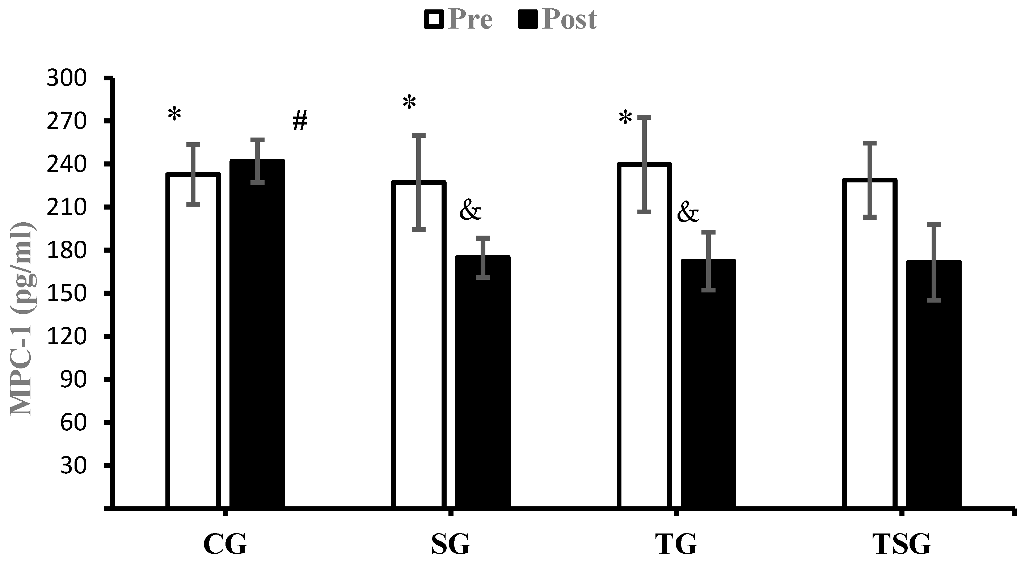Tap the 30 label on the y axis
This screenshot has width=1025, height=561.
(73, 465)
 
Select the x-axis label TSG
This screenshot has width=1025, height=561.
(902, 544)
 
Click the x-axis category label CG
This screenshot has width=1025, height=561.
(225, 544)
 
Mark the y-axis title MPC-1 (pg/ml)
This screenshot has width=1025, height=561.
(22, 318)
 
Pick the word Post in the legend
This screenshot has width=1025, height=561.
(569, 19)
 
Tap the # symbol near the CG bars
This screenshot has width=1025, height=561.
(300, 121)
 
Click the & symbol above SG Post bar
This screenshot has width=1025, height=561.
(470, 211)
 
